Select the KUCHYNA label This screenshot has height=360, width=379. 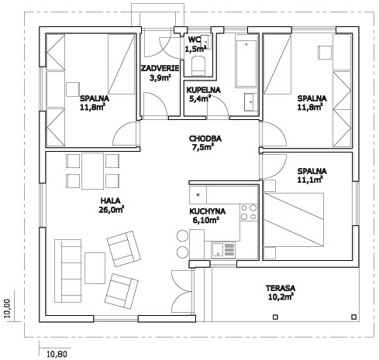208,211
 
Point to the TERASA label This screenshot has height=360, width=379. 281,288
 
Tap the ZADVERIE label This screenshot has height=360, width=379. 160,68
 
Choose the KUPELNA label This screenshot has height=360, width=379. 204,90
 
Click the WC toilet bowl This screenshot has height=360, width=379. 198,67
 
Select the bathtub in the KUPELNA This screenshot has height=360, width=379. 246,63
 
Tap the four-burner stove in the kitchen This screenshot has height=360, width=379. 249,212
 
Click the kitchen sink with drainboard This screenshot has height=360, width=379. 223,250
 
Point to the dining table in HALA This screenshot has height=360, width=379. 93,171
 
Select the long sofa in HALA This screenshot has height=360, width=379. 67,271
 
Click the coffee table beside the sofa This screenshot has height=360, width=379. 95,268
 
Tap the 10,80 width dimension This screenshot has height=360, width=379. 57,354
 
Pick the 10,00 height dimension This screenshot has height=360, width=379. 8,308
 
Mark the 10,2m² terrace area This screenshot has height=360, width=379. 281,297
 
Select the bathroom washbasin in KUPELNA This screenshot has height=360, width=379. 251,102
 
